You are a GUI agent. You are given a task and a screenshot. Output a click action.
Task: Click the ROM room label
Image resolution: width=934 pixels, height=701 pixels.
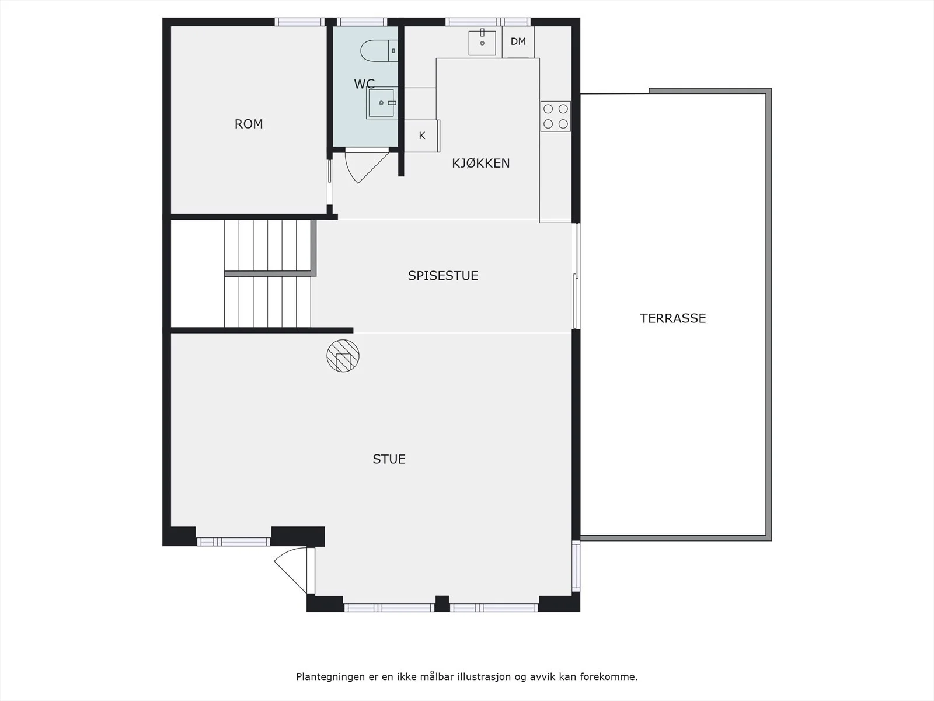[x=249, y=124]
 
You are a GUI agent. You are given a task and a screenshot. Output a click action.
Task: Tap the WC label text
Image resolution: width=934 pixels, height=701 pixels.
[x=364, y=84]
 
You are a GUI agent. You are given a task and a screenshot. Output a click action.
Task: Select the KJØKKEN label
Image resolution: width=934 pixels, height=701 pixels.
[x=480, y=163]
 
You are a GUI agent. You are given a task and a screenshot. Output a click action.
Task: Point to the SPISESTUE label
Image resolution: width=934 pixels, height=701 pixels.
[x=443, y=276]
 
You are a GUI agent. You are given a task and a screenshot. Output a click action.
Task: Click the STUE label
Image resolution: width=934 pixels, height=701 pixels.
[x=389, y=459]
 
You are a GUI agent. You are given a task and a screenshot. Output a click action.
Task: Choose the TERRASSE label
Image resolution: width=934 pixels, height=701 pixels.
[x=672, y=318]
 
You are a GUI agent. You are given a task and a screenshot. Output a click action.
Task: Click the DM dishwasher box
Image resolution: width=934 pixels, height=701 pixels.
[x=518, y=41]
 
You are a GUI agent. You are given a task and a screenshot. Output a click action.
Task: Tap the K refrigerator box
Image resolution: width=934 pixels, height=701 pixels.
[x=421, y=136]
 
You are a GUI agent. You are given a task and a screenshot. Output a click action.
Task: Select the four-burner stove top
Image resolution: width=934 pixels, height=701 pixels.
[x=555, y=116]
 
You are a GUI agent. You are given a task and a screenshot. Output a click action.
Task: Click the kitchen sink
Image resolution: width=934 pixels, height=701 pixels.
[x=482, y=43]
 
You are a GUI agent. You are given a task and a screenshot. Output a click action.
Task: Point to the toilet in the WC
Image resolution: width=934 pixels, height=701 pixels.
[x=379, y=51]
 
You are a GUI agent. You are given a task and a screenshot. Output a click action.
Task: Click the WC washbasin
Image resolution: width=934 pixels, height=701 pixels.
[x=381, y=103]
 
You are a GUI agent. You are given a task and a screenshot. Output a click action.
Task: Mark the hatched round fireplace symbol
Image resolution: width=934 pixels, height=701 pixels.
[x=343, y=356]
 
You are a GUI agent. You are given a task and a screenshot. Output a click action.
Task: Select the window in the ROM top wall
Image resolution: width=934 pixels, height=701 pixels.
[x=299, y=22]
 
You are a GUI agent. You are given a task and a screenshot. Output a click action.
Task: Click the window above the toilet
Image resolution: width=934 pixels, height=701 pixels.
[x=362, y=22]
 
